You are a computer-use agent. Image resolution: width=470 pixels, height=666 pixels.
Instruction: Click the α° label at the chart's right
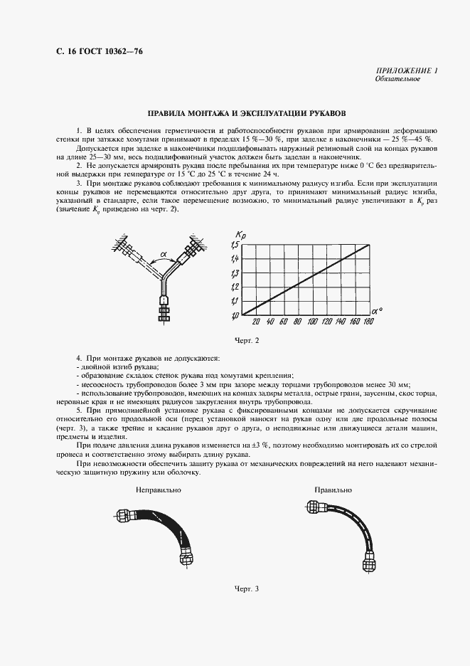pos(378,311)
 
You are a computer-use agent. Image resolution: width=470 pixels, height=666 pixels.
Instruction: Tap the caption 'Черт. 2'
pos(247,341)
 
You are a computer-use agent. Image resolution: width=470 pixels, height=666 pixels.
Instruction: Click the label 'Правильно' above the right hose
pos(333,490)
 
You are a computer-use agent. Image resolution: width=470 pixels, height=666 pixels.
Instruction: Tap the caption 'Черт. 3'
pos(247,588)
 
